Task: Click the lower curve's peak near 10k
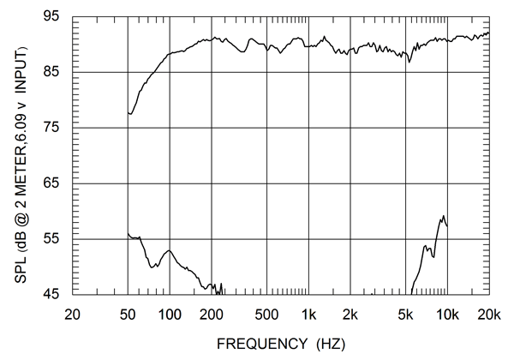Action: tap(443, 216)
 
